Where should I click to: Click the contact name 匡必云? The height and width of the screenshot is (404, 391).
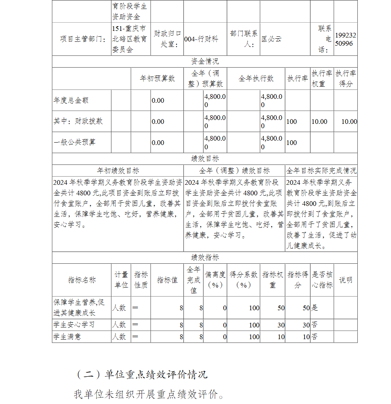point(271,39)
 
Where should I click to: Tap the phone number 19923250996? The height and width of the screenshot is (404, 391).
point(346,39)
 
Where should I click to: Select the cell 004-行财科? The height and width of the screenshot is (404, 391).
point(201,39)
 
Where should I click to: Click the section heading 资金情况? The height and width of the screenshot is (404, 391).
point(204,61)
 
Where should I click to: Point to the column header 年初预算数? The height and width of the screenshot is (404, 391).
point(157,79)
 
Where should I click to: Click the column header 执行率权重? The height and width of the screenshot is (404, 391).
point(322,79)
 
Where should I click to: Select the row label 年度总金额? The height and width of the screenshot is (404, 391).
point(71,100)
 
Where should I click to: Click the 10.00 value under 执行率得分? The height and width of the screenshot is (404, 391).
point(349,122)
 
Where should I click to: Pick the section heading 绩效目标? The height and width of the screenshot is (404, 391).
point(204,159)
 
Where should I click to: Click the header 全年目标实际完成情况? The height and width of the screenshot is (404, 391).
point(321,171)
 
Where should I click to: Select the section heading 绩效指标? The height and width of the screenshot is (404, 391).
point(204,257)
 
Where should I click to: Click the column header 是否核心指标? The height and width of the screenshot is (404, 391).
point(322,280)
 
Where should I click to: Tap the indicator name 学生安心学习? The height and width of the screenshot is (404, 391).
point(74,325)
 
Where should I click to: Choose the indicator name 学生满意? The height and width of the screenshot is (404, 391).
point(67,336)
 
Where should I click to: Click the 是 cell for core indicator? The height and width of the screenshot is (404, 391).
point(315,308)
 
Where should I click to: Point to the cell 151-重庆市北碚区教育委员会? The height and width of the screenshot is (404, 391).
point(129,39)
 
